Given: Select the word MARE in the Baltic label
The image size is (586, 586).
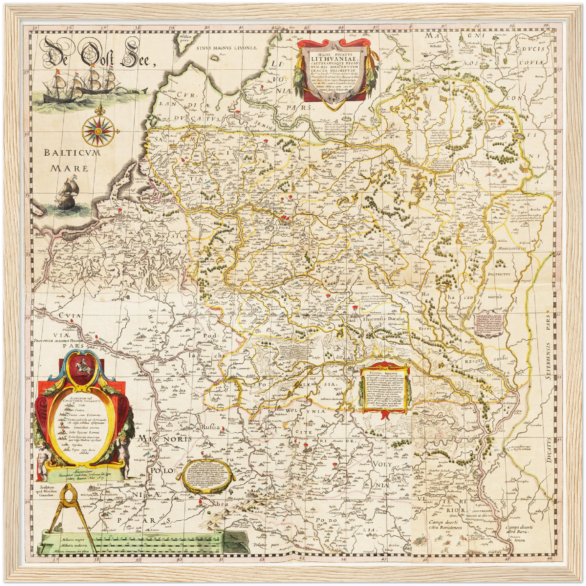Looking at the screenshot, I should click(x=69, y=168).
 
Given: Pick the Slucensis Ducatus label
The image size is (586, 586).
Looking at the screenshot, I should click(x=384, y=319).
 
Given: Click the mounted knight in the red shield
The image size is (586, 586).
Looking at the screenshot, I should click(x=83, y=365).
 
